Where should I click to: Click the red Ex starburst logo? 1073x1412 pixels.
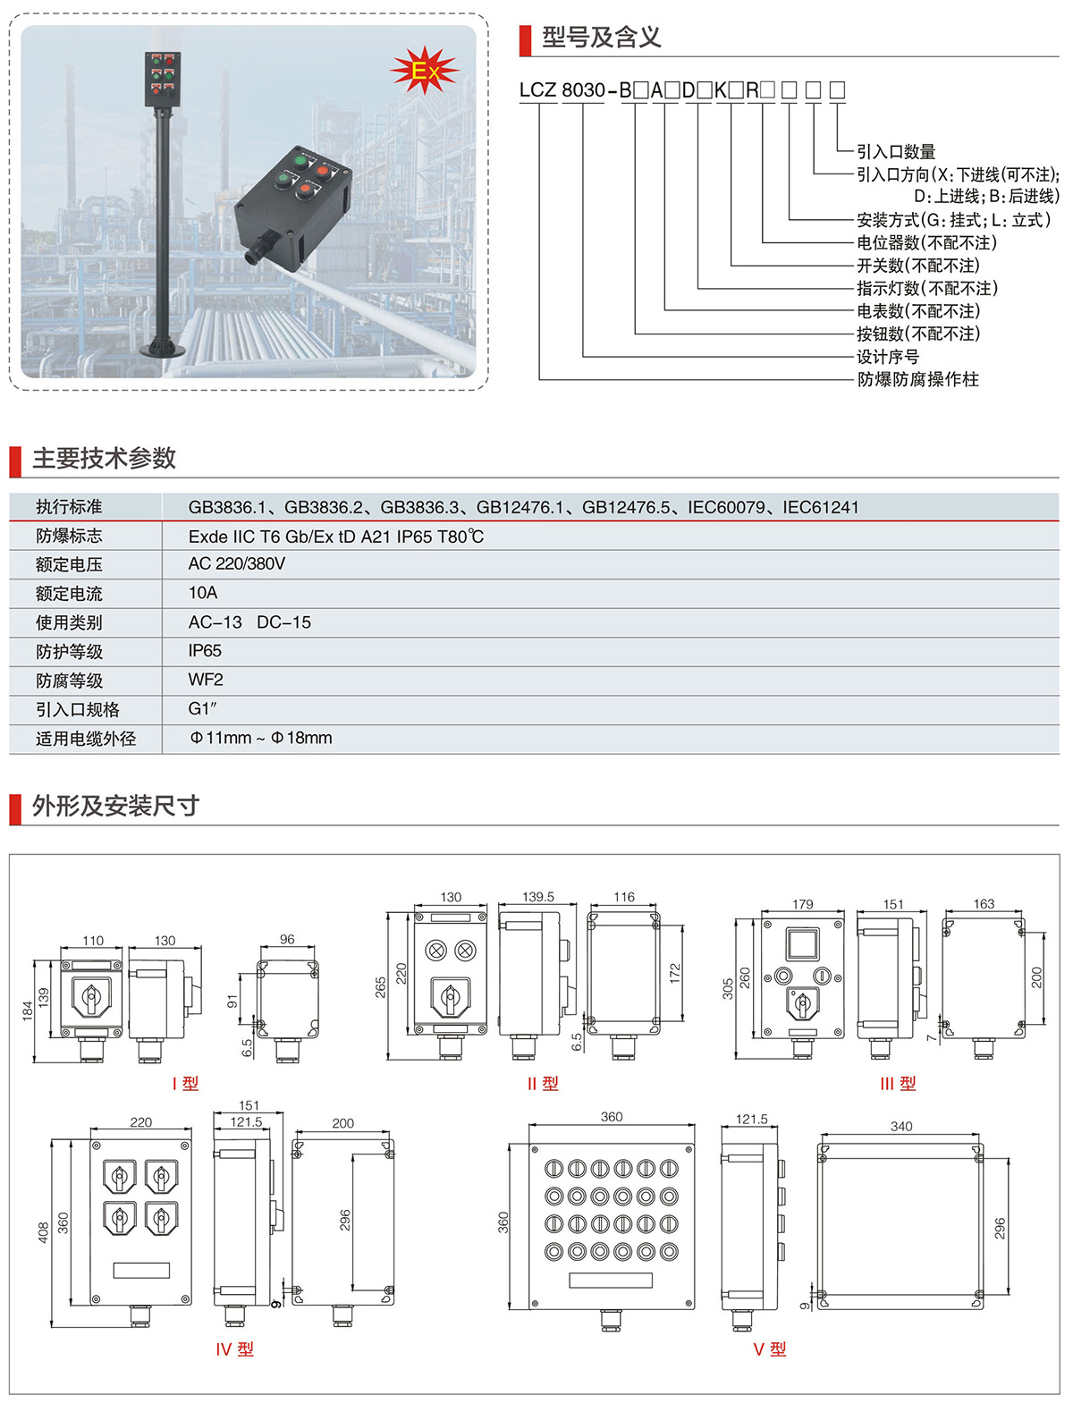tap(425, 71)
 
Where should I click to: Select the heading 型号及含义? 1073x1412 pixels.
tap(601, 38)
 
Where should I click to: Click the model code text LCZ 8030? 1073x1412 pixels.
tap(562, 90)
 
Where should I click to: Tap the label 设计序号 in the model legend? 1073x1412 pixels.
tap(887, 357)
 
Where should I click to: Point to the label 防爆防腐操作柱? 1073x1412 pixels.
tap(917, 380)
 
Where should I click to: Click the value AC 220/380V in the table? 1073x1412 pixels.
tap(237, 564)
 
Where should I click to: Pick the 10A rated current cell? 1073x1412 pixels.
tap(203, 593)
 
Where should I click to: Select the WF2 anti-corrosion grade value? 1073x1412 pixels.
tap(206, 680)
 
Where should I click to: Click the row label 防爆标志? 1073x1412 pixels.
tap(69, 536)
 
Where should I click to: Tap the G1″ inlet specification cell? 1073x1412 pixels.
tap(203, 709)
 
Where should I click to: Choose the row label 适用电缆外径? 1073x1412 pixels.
tap(86, 739)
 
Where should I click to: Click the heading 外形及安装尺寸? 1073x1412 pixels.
tap(115, 806)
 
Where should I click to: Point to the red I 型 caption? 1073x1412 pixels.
tap(185, 1083)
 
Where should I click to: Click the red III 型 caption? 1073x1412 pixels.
tap(898, 1083)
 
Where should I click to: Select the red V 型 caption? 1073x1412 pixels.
tap(769, 1349)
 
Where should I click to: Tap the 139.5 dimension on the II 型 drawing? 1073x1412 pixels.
tap(538, 896)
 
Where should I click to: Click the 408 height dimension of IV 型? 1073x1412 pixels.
tap(43, 1232)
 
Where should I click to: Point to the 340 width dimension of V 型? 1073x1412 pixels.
tap(901, 1126)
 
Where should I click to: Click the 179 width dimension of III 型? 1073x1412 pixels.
tap(803, 904)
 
